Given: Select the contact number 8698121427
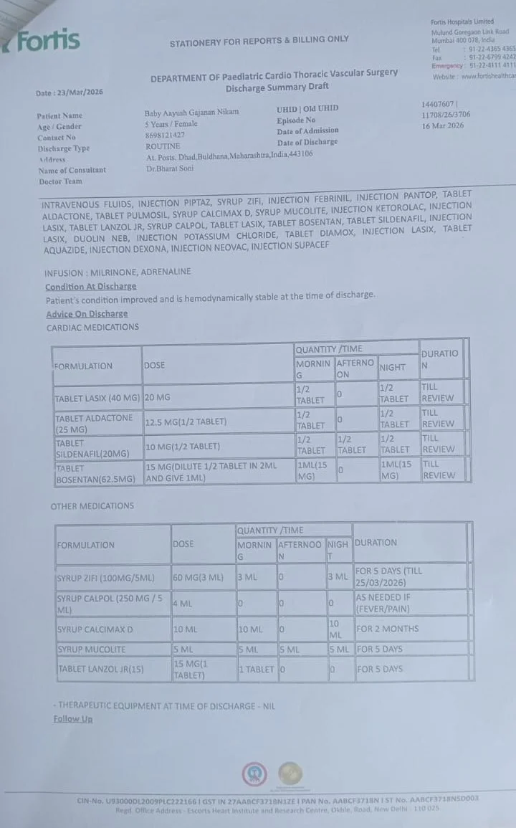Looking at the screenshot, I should [165, 135].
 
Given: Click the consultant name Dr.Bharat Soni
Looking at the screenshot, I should [170, 169].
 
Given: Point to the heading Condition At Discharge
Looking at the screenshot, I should [90, 286].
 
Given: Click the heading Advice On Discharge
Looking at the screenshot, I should [87, 313].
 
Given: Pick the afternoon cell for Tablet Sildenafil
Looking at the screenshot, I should [352, 445].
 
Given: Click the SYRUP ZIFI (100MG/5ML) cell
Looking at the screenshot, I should [113, 578].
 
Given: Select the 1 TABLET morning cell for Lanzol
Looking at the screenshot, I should [256, 670].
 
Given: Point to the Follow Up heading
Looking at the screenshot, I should [73, 719].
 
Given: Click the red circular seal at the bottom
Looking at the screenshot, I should [254, 774].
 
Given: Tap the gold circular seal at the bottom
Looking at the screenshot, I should [290, 774].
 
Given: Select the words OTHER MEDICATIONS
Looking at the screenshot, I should [92, 506].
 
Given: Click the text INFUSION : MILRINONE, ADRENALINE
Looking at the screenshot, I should [118, 273].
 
